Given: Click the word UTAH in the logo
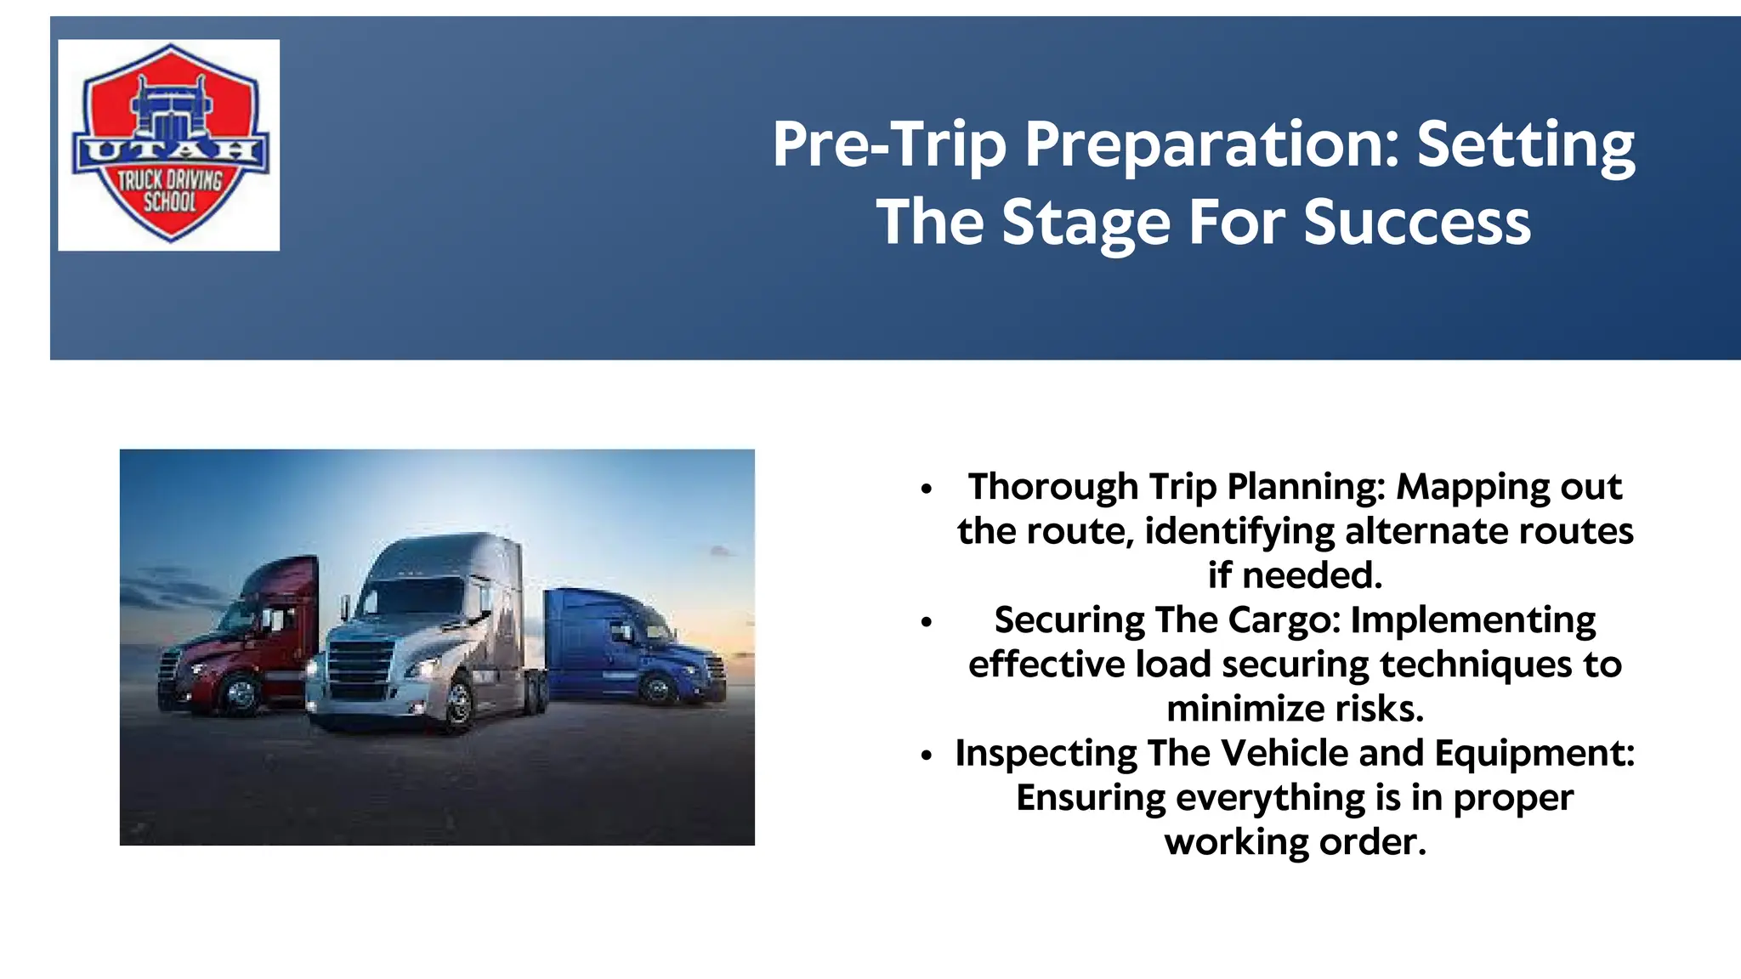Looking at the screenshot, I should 170,151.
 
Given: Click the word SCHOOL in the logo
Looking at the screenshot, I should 169,202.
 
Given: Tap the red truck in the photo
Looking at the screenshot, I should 247,637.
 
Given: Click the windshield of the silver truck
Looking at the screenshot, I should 417,595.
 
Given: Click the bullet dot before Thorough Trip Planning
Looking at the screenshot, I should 927,489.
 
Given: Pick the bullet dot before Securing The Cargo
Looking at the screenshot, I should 927,622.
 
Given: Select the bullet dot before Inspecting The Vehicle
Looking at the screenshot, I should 927,755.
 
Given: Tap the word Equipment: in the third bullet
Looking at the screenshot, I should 1534,754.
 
